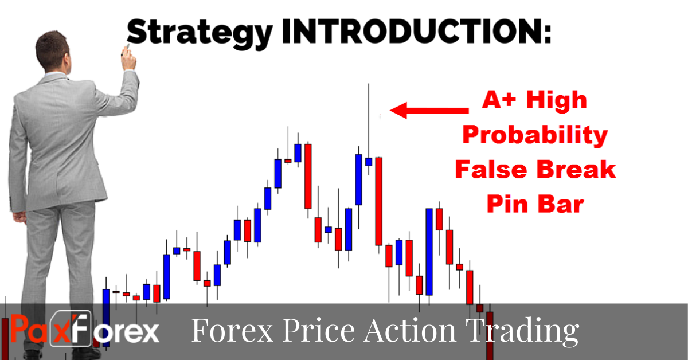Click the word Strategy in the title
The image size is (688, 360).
(198, 33)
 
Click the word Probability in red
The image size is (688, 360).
(535, 136)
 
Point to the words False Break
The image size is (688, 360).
(535, 169)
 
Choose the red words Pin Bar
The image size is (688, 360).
(534, 203)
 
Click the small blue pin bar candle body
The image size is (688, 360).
(369, 162)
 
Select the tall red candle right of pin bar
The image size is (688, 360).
(378, 201)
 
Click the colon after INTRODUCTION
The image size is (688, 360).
(545, 33)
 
